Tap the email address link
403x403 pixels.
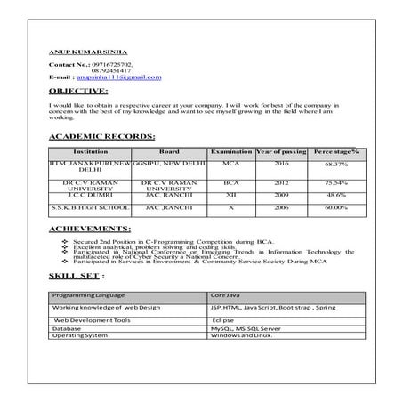tap(130, 77)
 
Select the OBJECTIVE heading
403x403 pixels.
tap(78, 92)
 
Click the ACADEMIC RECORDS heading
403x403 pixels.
tap(101, 136)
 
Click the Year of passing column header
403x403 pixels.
tap(280, 152)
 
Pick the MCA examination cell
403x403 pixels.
tap(230, 165)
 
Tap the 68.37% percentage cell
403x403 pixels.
tap(335, 165)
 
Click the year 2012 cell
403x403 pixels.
tap(280, 181)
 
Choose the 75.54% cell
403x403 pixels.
tap(335, 181)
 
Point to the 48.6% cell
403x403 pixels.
tap(335, 194)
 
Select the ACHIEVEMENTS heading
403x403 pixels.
tap(91, 230)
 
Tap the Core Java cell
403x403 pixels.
tap(227, 294)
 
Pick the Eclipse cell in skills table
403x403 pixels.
tap(223, 318)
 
